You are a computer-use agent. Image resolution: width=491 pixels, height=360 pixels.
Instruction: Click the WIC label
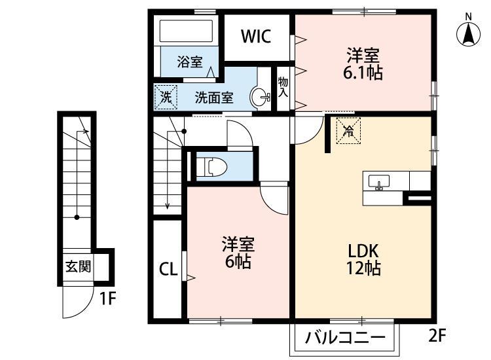point(255,37)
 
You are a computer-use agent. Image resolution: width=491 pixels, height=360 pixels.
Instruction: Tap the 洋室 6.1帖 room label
point(363,63)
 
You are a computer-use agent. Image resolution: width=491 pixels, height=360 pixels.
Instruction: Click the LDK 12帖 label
point(364,259)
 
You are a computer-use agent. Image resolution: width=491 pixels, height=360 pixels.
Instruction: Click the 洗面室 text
point(215,98)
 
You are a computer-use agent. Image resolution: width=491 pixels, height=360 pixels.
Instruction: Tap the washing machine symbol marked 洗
point(166,98)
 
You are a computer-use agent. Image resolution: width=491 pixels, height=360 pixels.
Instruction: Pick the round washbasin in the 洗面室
point(262,98)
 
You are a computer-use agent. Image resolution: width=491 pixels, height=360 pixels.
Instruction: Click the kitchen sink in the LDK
point(379,181)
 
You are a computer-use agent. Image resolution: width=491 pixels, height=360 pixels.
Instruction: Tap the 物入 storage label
point(283,87)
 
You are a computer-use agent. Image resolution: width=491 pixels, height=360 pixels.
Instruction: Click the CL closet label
point(168,270)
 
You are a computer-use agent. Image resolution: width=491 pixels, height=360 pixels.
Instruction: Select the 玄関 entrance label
point(78,266)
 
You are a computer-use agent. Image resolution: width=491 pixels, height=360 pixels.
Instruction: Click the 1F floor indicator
point(108,300)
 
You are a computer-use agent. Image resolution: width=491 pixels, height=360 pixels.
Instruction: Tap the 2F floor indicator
point(437,336)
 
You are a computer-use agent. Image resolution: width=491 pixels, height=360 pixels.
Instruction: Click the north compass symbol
point(469,32)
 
